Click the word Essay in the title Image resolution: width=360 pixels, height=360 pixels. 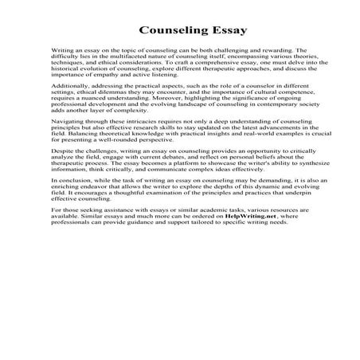point(212,32)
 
